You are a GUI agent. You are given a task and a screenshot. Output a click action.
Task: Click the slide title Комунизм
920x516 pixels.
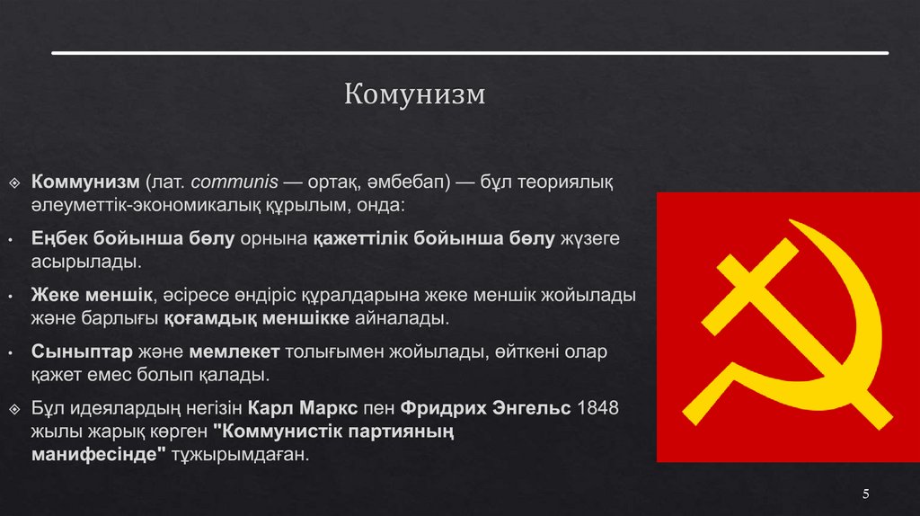point(414,94)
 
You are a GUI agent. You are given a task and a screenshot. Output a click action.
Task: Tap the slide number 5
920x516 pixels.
point(866,494)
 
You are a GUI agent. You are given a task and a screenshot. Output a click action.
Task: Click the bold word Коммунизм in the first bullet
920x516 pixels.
point(86,183)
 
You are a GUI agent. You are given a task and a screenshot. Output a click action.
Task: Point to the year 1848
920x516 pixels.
point(597,408)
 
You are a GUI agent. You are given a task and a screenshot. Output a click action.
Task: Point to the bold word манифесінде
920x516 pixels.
point(99,455)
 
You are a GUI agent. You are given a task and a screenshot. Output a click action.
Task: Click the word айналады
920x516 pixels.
point(404,318)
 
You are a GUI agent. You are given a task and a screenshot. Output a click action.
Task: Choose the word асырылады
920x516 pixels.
point(85,262)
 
